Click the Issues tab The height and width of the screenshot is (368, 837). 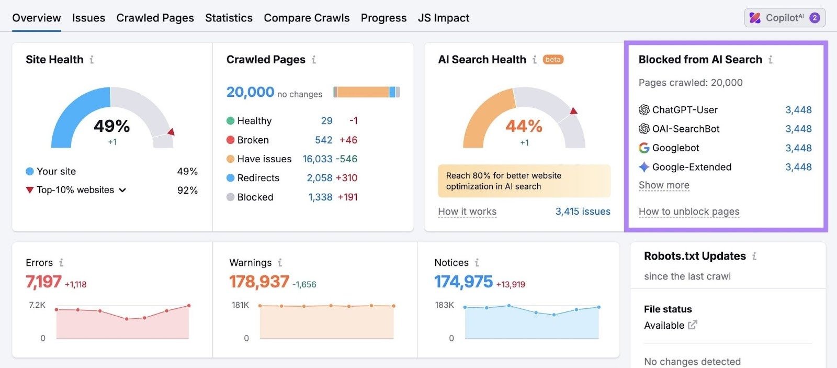[x=88, y=18]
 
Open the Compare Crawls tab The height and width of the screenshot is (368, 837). [x=307, y=18]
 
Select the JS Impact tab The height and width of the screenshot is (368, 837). [x=443, y=18]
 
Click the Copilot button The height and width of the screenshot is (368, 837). [x=784, y=18]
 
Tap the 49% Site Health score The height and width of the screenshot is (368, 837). [x=111, y=126]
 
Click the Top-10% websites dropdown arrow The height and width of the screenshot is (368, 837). [x=122, y=190]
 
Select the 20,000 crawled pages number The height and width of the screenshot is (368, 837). [x=250, y=92]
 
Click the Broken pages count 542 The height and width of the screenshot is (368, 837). [x=323, y=140]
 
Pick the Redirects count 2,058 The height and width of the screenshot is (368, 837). [x=319, y=178]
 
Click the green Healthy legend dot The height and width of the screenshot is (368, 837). [x=230, y=121]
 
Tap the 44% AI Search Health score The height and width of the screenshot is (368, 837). [x=524, y=126]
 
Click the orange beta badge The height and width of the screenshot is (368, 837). [x=553, y=60]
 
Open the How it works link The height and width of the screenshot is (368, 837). [x=467, y=211]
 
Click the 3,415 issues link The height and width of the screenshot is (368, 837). [x=583, y=211]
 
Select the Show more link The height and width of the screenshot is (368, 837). [x=664, y=185]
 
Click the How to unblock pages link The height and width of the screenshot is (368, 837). [x=689, y=211]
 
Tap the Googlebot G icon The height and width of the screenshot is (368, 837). [x=644, y=148]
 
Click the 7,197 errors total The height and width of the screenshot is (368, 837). [x=43, y=282]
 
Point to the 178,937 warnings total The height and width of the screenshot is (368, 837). [x=259, y=282]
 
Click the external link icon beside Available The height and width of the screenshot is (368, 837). [x=692, y=325]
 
